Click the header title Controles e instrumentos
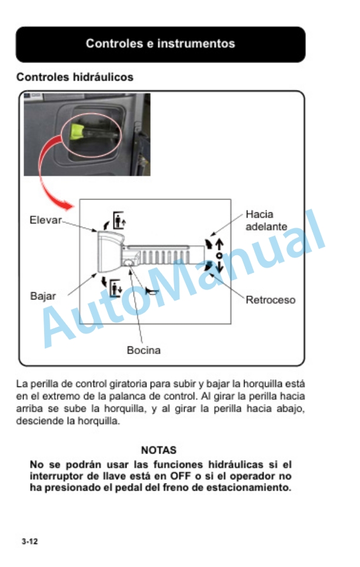(x=160, y=44)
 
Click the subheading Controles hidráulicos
(x=75, y=77)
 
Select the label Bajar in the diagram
(x=43, y=296)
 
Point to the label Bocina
(x=144, y=351)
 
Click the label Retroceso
(x=270, y=300)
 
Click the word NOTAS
(x=159, y=451)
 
